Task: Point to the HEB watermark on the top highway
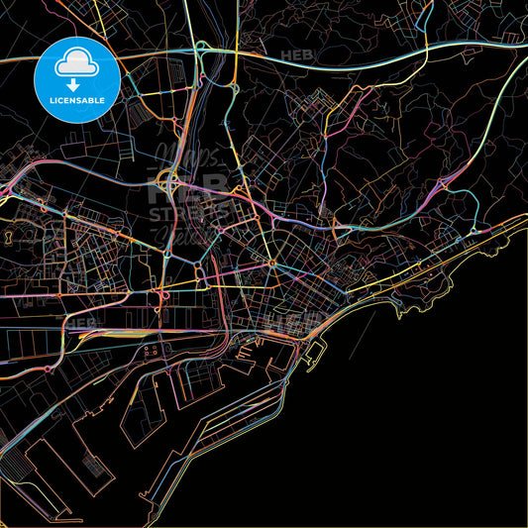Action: [295, 55]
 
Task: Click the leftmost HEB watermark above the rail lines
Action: [81, 322]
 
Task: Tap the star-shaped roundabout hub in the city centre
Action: [271, 263]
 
